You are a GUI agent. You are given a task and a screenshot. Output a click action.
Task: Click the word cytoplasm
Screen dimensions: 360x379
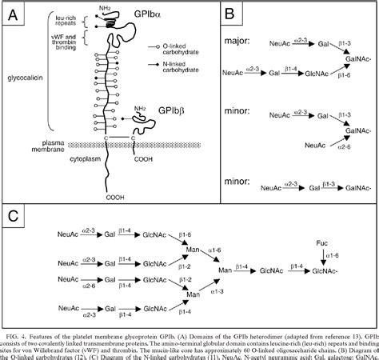click(x=67, y=158)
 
